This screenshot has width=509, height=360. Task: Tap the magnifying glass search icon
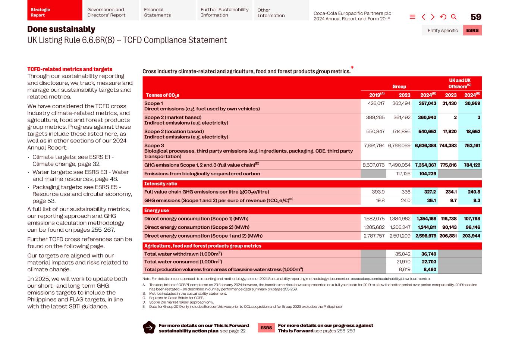pyautogui.click(x=454, y=17)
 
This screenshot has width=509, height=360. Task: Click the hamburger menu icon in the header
pyautogui.click(x=412, y=17)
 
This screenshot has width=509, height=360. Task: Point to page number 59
pyautogui.click(x=476, y=17)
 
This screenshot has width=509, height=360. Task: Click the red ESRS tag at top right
pyautogui.click(x=472, y=30)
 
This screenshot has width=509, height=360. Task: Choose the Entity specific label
pyautogui.click(x=443, y=30)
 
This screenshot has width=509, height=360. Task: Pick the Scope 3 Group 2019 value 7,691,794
pyautogui.click(x=374, y=145)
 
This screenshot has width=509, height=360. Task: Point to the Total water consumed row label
pyautogui.click(x=183, y=262)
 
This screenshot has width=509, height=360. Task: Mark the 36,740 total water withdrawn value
pyautogui.click(x=428, y=254)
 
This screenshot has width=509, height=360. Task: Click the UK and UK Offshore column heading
pyautogui.click(x=459, y=83)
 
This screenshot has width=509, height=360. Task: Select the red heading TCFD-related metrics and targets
pyautogui.click(x=70, y=69)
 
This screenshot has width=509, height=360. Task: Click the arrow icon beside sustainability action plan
pyautogui.click(x=149, y=328)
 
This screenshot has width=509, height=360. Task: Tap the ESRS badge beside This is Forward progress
pyautogui.click(x=266, y=328)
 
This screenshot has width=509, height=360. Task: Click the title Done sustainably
pyautogui.click(x=61, y=29)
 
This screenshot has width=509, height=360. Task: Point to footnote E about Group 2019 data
pyautogui.click(x=245, y=307)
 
